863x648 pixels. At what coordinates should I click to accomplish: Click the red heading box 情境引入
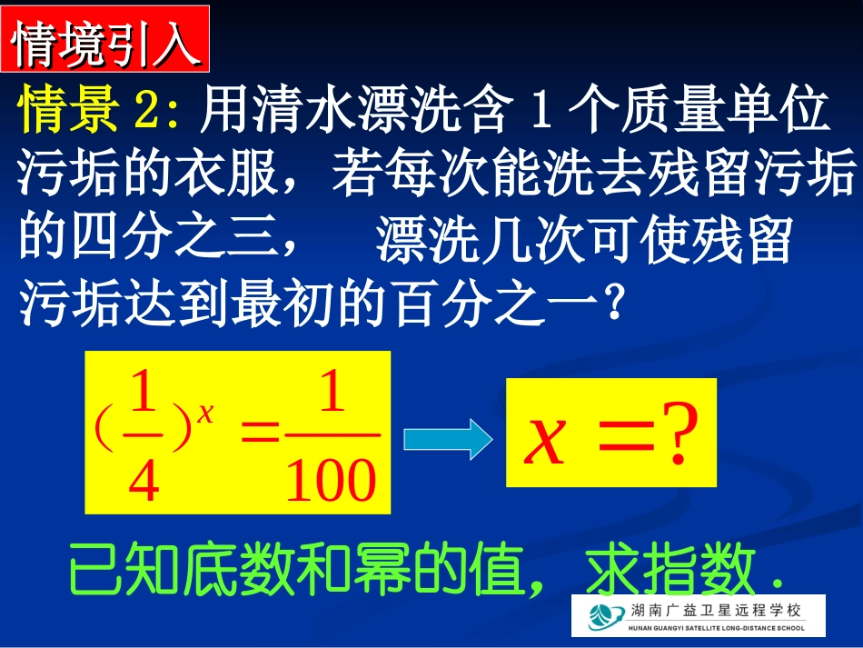[x=105, y=39]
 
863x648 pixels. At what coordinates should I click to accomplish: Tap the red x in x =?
[x=546, y=443]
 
